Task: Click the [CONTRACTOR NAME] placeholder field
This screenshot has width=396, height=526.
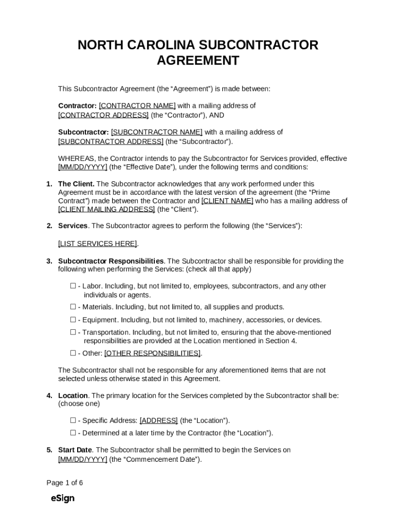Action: [x=137, y=106]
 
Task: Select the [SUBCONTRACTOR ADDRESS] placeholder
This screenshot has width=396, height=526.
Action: [x=111, y=142]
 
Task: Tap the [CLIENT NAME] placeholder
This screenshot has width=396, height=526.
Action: [x=227, y=201]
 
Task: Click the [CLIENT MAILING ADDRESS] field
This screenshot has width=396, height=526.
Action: [x=106, y=210]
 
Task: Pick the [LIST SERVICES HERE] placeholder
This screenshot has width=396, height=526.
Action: [x=98, y=243]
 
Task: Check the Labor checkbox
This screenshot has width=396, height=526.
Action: [x=73, y=286]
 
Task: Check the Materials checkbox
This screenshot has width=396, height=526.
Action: [x=73, y=307]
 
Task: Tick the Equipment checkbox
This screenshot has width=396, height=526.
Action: [x=73, y=320]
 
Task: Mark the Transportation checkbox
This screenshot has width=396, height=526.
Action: [x=73, y=332]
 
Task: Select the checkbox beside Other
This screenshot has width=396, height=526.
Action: [x=73, y=353]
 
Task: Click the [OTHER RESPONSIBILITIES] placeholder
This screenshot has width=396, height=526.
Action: [x=152, y=353]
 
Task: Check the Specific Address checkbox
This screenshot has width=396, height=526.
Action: [x=73, y=420]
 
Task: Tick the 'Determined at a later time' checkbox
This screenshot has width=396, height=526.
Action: [x=73, y=433]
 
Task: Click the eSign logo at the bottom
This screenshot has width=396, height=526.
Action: [x=62, y=498]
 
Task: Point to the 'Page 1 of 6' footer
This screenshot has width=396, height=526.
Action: [x=64, y=483]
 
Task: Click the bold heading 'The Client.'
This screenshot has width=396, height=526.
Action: [x=76, y=184]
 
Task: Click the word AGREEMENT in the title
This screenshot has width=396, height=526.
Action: [x=197, y=61]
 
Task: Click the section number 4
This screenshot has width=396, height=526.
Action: [x=49, y=396]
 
